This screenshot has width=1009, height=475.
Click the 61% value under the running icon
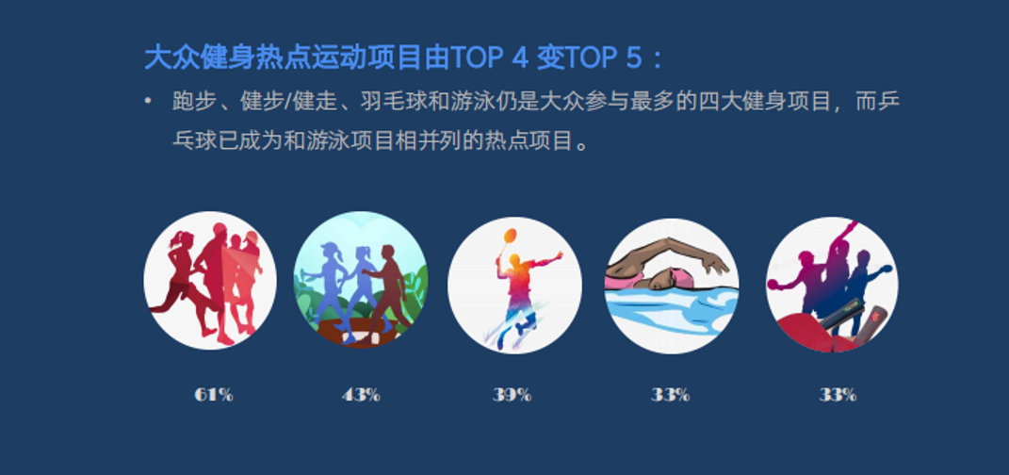(x=214, y=395)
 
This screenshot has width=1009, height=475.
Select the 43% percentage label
(x=361, y=395)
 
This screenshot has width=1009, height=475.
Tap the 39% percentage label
(x=513, y=395)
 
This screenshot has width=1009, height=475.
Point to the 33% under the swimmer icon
(x=671, y=395)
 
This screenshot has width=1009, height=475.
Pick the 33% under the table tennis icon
(x=838, y=395)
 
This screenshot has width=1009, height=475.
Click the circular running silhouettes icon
(x=210, y=281)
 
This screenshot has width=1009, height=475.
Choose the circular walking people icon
(x=361, y=280)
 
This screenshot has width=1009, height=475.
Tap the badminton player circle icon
(x=514, y=286)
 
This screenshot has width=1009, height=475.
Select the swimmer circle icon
(x=672, y=286)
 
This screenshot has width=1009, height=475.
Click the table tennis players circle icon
(x=832, y=285)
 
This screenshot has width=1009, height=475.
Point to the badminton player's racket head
(x=510, y=236)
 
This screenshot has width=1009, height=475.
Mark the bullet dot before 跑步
(x=149, y=101)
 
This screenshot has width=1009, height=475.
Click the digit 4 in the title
(x=519, y=58)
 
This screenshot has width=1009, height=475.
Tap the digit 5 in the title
(x=633, y=58)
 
